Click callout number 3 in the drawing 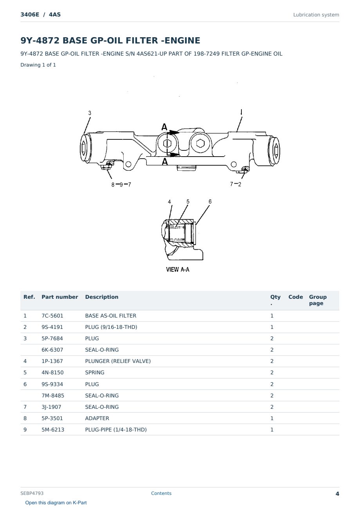(x=90, y=113)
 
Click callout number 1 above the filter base (x=241, y=112)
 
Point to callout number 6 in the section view (x=210, y=202)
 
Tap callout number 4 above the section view (x=169, y=202)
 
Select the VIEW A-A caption (x=178, y=269)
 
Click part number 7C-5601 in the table (x=52, y=316)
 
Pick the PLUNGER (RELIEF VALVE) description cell (x=118, y=361)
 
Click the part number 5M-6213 (x=53, y=430)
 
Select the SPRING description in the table (x=95, y=372)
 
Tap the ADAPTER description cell (x=97, y=418)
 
